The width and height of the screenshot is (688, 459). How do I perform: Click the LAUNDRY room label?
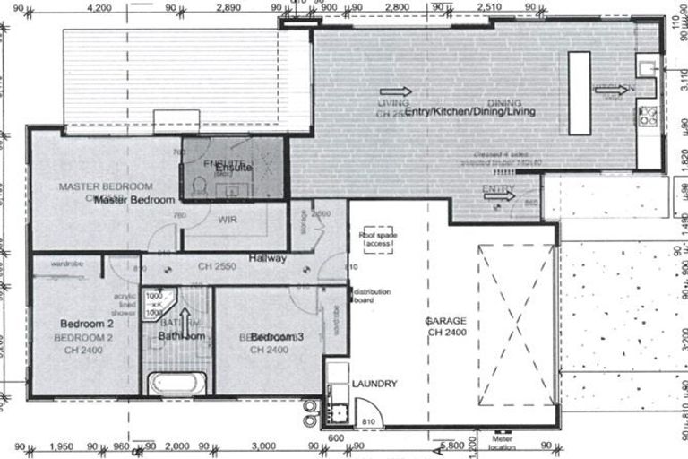[x=374, y=384]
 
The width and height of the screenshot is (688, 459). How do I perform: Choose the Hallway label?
[x=268, y=258]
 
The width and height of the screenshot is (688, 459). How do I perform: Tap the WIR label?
[x=226, y=218]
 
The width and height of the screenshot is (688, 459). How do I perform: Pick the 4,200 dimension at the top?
[x=99, y=8]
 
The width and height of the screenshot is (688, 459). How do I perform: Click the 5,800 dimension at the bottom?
[x=453, y=445]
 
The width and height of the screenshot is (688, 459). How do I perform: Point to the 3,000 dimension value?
[x=263, y=446]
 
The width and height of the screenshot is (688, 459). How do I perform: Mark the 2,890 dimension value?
[x=229, y=8]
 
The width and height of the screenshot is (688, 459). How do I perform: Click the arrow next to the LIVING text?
[x=395, y=91]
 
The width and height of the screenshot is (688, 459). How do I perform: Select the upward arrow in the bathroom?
[x=186, y=320]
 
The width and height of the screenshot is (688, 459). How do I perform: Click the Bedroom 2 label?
[x=86, y=323]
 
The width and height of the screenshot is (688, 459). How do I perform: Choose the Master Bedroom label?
[x=133, y=201]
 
